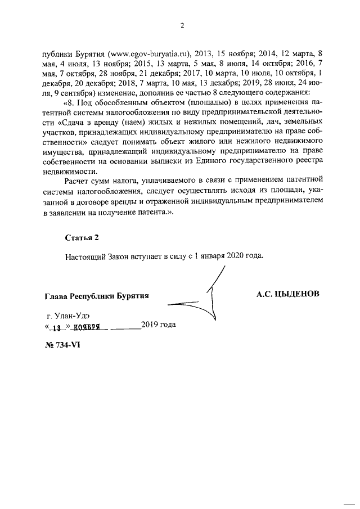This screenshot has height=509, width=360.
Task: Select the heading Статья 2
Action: pyautogui.click(x=82, y=238)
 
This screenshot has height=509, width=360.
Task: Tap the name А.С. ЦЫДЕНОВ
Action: pyautogui.click(x=288, y=294)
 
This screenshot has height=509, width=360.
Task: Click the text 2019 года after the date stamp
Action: pyautogui.click(x=158, y=325)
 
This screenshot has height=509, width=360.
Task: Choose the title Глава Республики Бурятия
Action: pyautogui.click(x=96, y=296)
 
